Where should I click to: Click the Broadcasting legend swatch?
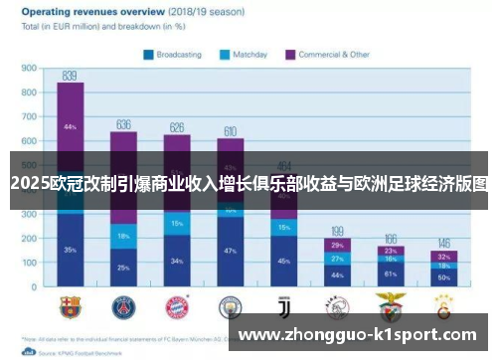[148, 55]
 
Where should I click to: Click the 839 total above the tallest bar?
[70, 75]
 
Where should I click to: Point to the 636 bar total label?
[123, 124]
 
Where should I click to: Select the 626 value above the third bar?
[177, 127]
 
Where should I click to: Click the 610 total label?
[231, 131]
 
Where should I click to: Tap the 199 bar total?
[338, 231]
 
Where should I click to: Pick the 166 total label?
[391, 239]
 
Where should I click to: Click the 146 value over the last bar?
[444, 244]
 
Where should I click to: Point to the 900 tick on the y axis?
[28, 69]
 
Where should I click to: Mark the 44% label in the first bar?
[70, 127]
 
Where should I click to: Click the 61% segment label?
[391, 272]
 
